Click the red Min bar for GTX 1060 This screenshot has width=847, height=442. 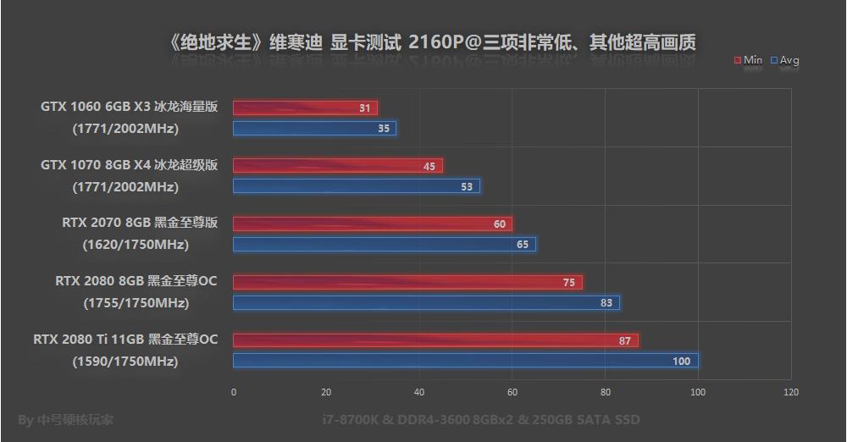305,108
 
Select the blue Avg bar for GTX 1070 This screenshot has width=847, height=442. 356,186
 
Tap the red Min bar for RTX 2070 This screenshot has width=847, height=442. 373,224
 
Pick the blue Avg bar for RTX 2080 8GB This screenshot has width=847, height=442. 426,303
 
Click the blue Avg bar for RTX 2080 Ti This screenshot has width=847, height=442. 466,361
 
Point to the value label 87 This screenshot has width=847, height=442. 625,341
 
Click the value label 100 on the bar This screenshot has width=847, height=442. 681,362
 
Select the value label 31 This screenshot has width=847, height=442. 365,108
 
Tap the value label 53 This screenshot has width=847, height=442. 467,187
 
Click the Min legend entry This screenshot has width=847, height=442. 749,60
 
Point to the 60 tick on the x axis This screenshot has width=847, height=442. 512,392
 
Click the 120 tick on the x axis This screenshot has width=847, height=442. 790,392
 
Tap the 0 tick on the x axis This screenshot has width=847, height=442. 234,392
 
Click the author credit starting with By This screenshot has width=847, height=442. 65,419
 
